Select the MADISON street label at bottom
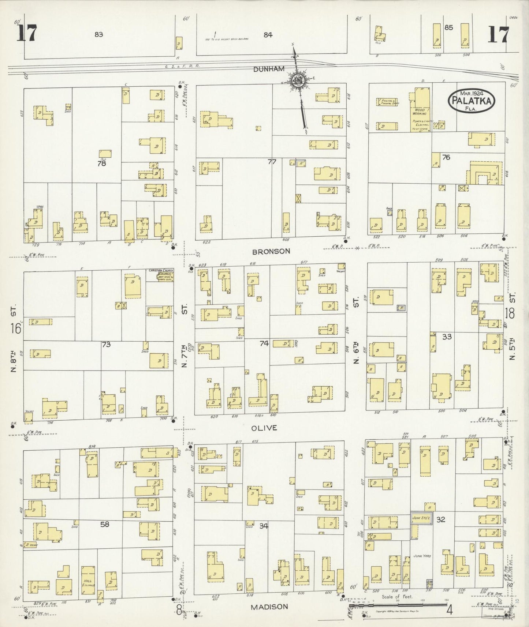(x=269, y=607)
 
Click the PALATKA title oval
(x=471, y=100)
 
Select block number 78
(x=101, y=164)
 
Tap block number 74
(x=264, y=343)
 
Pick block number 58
(x=105, y=524)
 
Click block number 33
(x=447, y=337)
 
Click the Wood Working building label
(x=420, y=112)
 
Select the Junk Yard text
(x=422, y=556)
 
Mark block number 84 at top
(x=268, y=35)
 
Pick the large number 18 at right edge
(x=509, y=313)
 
